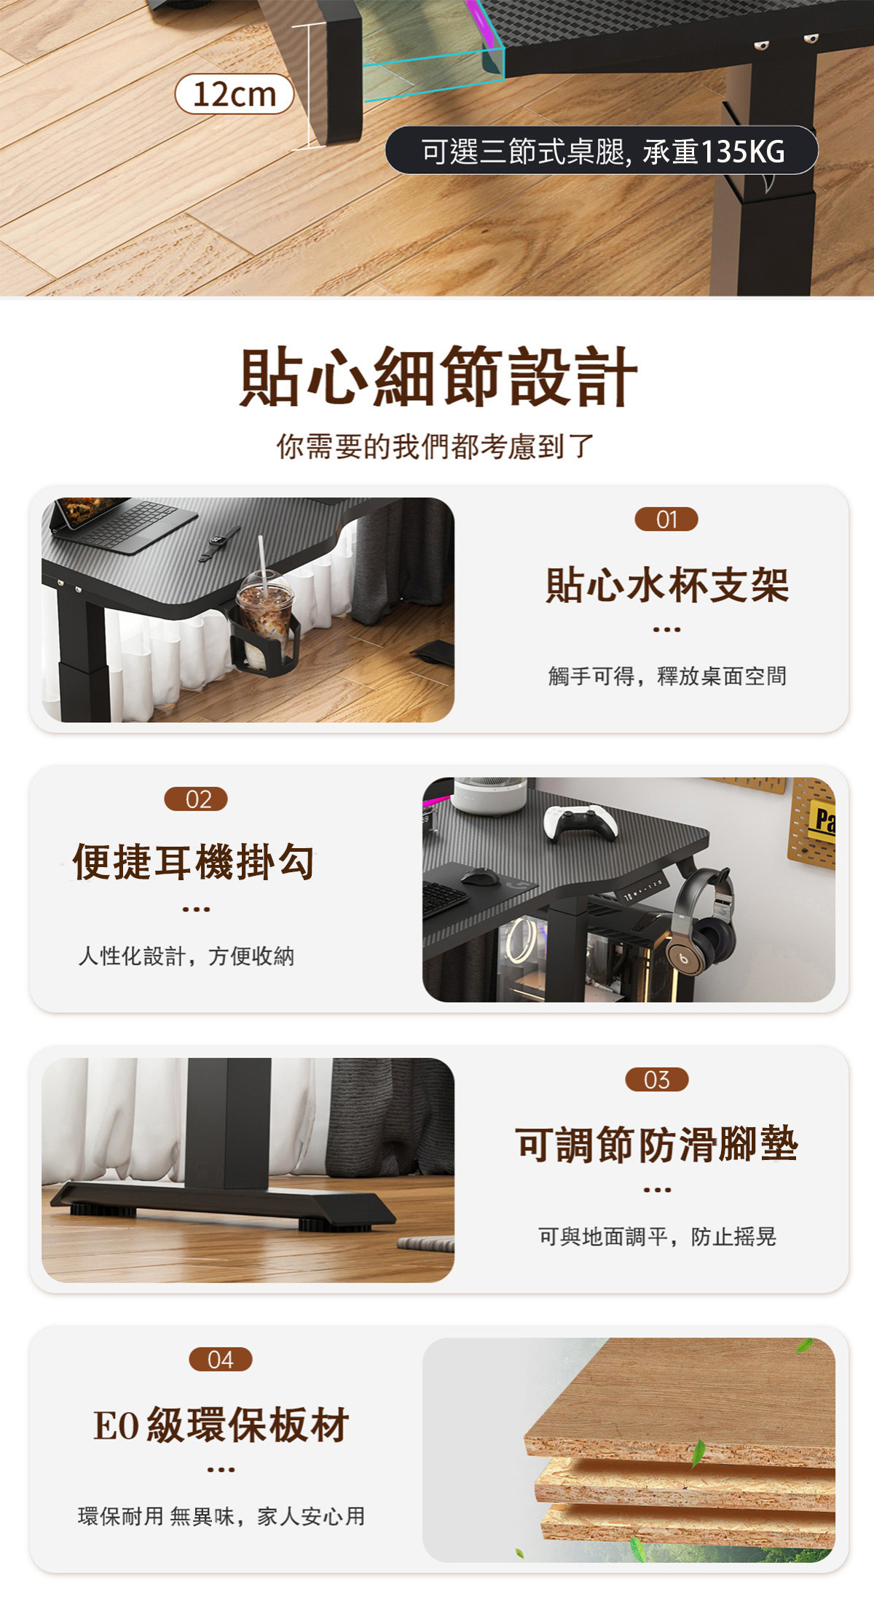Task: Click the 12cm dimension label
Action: click(235, 94)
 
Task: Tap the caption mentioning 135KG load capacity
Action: click(602, 151)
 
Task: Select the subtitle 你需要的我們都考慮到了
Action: click(436, 446)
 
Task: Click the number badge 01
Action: click(666, 520)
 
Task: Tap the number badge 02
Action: click(196, 799)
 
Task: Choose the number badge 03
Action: click(657, 1080)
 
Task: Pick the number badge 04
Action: click(221, 1360)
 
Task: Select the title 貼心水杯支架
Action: click(667, 585)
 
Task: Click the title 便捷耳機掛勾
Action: click(194, 863)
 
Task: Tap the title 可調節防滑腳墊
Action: click(657, 1144)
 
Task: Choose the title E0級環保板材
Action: click(221, 1424)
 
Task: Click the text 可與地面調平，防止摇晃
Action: click(657, 1236)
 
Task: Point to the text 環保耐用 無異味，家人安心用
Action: click(221, 1516)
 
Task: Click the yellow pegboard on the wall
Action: click(811, 823)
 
